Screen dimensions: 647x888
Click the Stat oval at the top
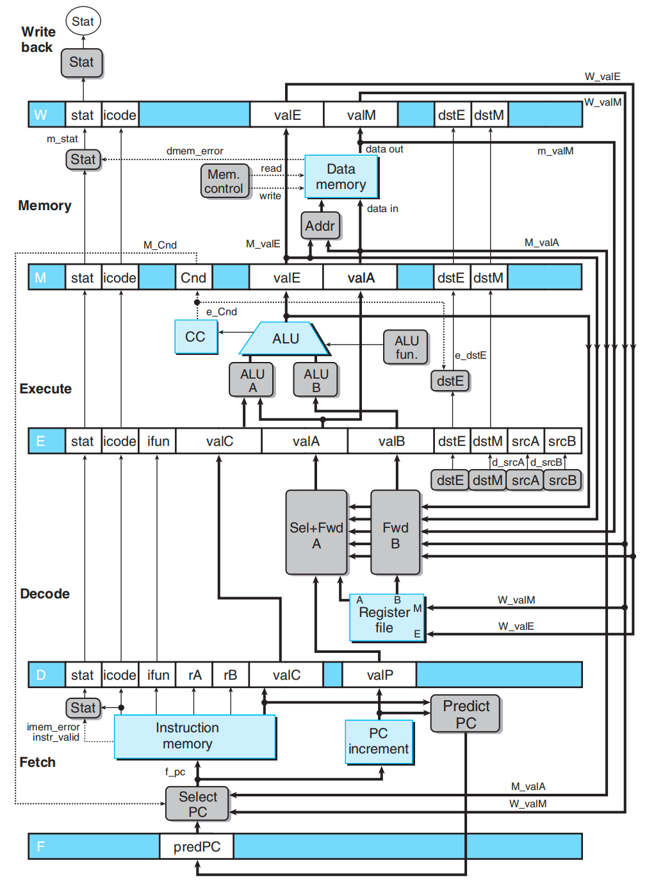click(x=83, y=21)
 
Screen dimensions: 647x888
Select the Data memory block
click(x=341, y=177)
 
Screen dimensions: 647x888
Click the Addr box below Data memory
click(x=320, y=226)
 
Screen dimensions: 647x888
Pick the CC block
click(x=196, y=337)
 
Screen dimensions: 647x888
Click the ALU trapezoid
click(x=284, y=338)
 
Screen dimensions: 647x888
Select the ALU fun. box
click(x=406, y=347)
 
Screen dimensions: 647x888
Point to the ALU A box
click(x=252, y=380)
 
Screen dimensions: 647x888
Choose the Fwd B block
click(x=396, y=532)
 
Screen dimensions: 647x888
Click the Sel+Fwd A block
click(x=316, y=532)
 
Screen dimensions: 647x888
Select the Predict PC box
click(x=466, y=714)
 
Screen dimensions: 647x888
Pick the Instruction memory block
click(x=195, y=737)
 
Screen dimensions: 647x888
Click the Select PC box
click(x=197, y=803)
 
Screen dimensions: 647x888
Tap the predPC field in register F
click(x=197, y=846)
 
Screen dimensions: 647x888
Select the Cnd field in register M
click(x=193, y=277)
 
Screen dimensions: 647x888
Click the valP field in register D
click(x=379, y=675)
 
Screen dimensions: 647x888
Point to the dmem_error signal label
click(x=195, y=151)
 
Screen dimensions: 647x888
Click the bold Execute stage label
click(x=45, y=389)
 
